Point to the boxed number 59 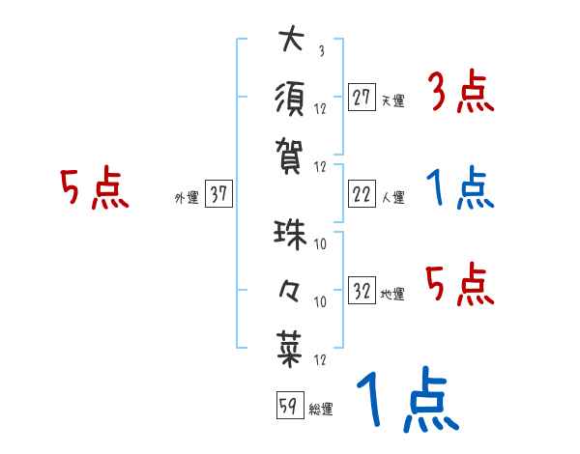288,407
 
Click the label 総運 321,409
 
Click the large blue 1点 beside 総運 406,401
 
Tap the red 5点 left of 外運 94,189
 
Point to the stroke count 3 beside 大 320,52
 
